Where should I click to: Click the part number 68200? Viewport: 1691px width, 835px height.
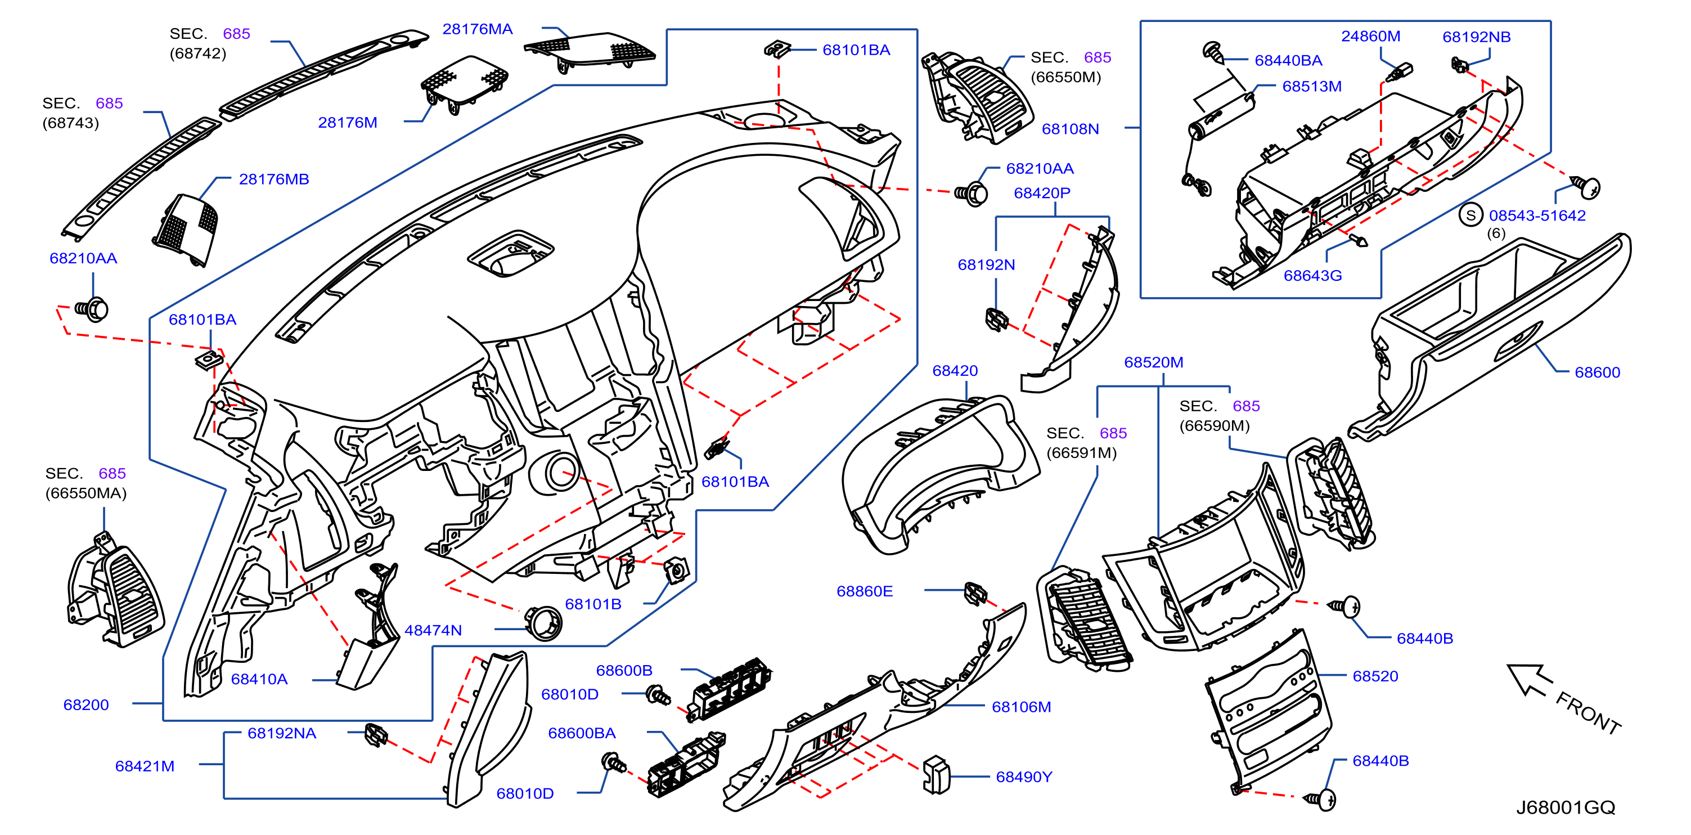[86, 704]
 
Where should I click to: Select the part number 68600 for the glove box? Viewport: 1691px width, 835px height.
[1597, 372]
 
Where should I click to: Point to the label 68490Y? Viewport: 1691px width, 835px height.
[1023, 776]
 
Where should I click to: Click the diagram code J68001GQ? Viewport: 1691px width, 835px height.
[1566, 807]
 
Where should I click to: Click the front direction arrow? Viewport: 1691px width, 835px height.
[1530, 680]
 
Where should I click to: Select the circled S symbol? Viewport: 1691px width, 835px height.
[1471, 215]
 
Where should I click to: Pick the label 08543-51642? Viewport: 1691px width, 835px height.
[1537, 216]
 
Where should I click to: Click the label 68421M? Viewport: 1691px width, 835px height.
[145, 766]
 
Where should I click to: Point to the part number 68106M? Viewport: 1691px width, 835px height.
[1022, 707]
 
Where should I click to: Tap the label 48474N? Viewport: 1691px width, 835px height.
[433, 630]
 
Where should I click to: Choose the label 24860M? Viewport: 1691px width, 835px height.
[1371, 36]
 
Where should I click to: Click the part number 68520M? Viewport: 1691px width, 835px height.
[1153, 362]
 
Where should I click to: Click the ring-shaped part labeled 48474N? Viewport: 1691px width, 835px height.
[543, 623]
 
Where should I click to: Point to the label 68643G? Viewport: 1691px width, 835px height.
[1312, 276]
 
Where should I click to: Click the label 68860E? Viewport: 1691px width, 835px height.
[865, 591]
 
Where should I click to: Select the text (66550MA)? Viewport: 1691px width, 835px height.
[86, 493]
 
